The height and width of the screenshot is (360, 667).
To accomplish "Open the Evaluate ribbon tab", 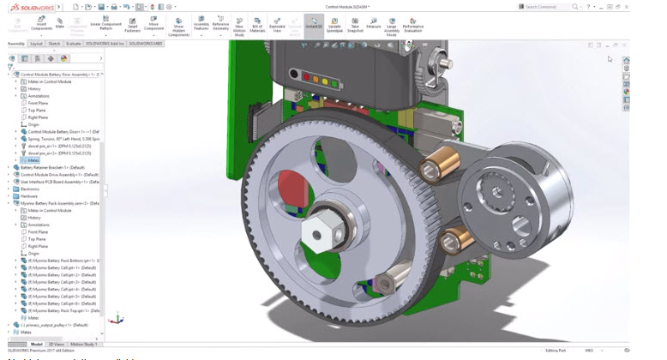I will (74, 43).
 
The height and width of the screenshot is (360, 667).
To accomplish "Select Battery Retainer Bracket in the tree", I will (52, 167).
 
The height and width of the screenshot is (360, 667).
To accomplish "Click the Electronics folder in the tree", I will (30, 189).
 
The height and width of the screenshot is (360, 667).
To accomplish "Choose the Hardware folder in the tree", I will (29, 195).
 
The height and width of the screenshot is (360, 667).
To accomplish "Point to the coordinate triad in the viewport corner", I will (117, 319).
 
